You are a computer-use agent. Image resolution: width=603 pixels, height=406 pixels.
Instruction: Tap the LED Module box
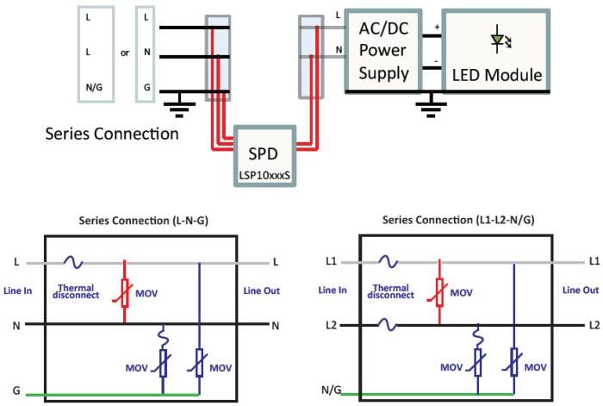[x=497, y=49]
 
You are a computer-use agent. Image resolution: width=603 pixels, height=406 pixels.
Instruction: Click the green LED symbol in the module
[x=497, y=39]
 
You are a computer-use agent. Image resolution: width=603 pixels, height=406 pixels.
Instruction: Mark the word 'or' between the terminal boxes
[x=125, y=53]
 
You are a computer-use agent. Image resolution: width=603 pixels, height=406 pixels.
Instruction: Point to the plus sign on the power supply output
[x=437, y=28]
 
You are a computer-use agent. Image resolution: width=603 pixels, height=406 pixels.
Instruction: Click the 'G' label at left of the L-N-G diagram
[x=16, y=390]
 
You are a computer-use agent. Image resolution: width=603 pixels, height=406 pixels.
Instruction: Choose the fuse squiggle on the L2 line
[x=385, y=324]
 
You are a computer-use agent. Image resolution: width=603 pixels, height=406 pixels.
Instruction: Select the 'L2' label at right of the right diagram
[x=594, y=325]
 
